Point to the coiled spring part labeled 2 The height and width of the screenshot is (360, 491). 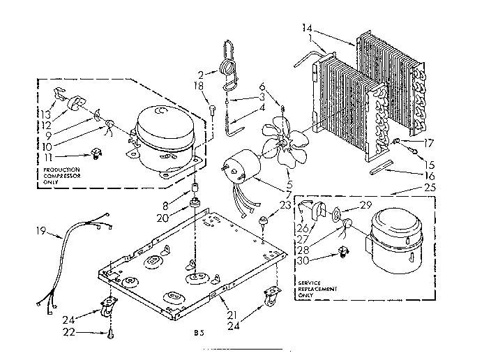pyautogui.click(x=226, y=68)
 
